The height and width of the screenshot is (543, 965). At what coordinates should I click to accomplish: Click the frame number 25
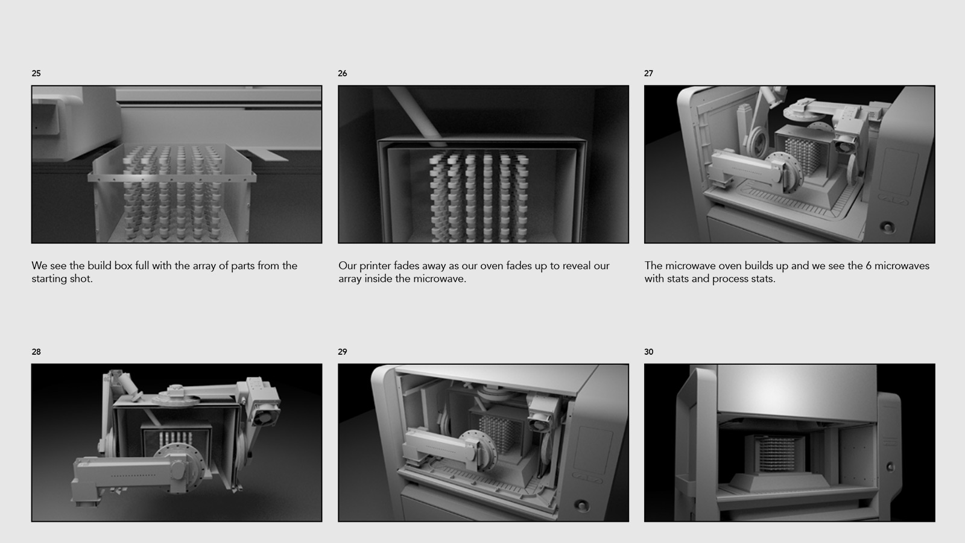pyautogui.click(x=36, y=73)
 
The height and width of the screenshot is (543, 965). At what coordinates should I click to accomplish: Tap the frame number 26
pyautogui.click(x=343, y=73)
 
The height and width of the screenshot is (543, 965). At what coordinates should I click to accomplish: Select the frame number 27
pyautogui.click(x=649, y=73)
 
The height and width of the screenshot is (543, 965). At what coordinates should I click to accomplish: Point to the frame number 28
pyautogui.click(x=36, y=352)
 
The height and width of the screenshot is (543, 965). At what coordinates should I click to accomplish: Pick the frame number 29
pyautogui.click(x=343, y=352)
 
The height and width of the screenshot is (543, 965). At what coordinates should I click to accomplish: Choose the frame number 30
pyautogui.click(x=649, y=352)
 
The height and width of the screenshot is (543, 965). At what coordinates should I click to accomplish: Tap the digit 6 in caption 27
pyautogui.click(x=869, y=265)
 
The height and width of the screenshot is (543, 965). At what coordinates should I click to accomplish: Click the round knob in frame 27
pyautogui.click(x=887, y=226)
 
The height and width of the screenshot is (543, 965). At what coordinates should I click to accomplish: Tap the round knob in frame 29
pyautogui.click(x=581, y=504)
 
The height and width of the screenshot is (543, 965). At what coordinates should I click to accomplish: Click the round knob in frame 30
pyautogui.click(x=890, y=466)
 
